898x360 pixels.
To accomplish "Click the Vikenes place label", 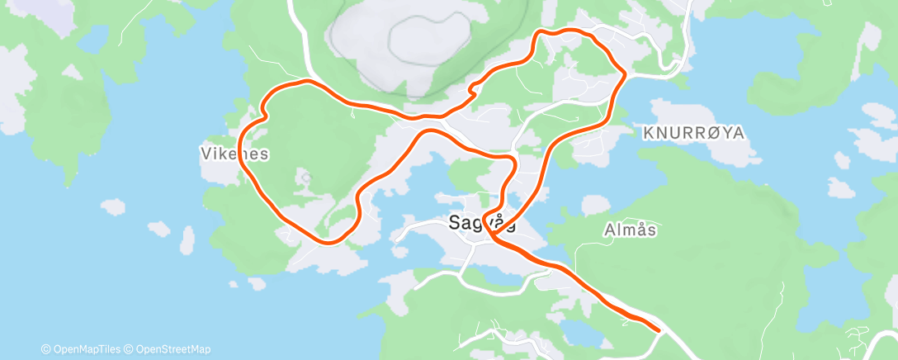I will point(234,154).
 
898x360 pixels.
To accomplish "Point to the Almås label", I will point(630,230).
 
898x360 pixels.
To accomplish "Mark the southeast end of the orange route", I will point(659,330).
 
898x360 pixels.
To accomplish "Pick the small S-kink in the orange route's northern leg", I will point(474,88).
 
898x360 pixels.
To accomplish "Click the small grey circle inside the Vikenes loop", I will point(305,177).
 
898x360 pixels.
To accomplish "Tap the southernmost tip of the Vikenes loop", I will point(331,242).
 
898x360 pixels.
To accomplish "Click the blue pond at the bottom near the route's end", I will point(578,330).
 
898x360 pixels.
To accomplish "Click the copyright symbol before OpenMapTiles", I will point(46,348).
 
